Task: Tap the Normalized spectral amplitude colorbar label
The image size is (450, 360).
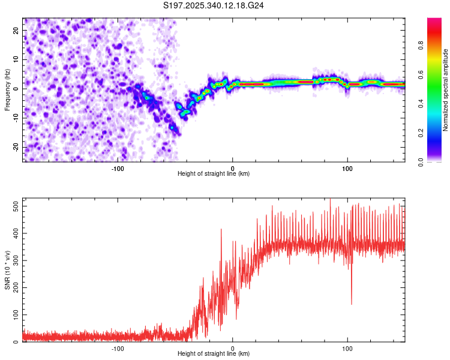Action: pyautogui.click(x=446, y=90)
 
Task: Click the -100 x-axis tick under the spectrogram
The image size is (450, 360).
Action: pyautogui.click(x=118, y=169)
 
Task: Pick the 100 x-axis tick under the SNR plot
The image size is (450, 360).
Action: pyautogui.click(x=347, y=348)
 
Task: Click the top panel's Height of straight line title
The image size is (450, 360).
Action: pyautogui.click(x=214, y=174)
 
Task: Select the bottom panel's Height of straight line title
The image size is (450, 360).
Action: pyautogui.click(x=214, y=354)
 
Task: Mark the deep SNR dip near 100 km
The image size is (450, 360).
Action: pyautogui.click(x=352, y=304)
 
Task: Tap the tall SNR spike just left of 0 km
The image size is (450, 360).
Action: pyautogui.click(x=221, y=229)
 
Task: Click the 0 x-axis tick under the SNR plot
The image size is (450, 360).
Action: pyautogui.click(x=233, y=348)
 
